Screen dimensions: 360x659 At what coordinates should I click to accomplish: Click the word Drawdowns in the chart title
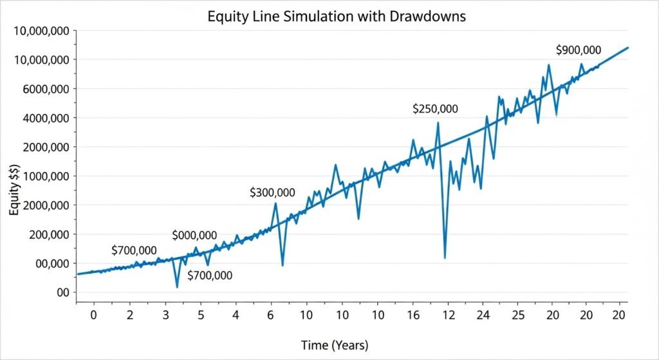click(x=429, y=17)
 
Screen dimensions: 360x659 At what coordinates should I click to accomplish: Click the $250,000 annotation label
click(x=435, y=109)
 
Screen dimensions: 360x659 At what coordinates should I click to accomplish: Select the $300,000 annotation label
click(x=272, y=193)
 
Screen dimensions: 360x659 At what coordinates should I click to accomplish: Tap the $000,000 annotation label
click(x=194, y=236)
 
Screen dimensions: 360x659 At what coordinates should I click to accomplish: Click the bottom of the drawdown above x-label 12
click(x=445, y=258)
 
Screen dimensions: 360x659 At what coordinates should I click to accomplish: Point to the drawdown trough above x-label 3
click(x=177, y=287)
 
